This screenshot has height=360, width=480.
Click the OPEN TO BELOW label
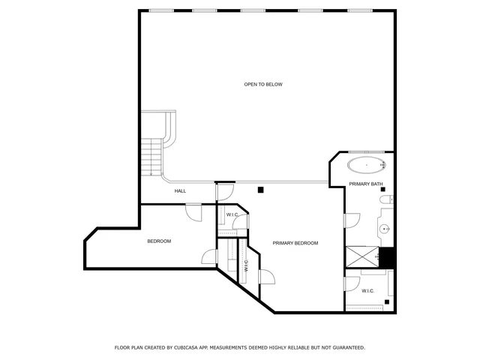(x=263, y=84)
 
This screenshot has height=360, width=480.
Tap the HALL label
(x=180, y=191)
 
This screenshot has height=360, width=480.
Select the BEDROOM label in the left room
(x=159, y=241)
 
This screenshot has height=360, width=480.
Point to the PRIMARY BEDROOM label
(x=295, y=243)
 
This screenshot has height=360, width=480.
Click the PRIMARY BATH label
(x=366, y=184)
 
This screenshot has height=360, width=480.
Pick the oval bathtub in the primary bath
(x=366, y=164)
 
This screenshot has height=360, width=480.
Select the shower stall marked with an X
(x=361, y=257)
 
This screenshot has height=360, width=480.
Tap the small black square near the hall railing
(x=260, y=190)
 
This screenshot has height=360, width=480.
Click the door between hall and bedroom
(x=195, y=212)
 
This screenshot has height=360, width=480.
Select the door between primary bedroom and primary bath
(x=351, y=220)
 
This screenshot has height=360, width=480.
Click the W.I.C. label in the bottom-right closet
(x=367, y=291)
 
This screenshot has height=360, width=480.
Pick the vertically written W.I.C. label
(x=246, y=265)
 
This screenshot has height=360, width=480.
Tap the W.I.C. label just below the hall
(x=232, y=216)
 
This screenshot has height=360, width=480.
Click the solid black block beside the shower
(x=387, y=257)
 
